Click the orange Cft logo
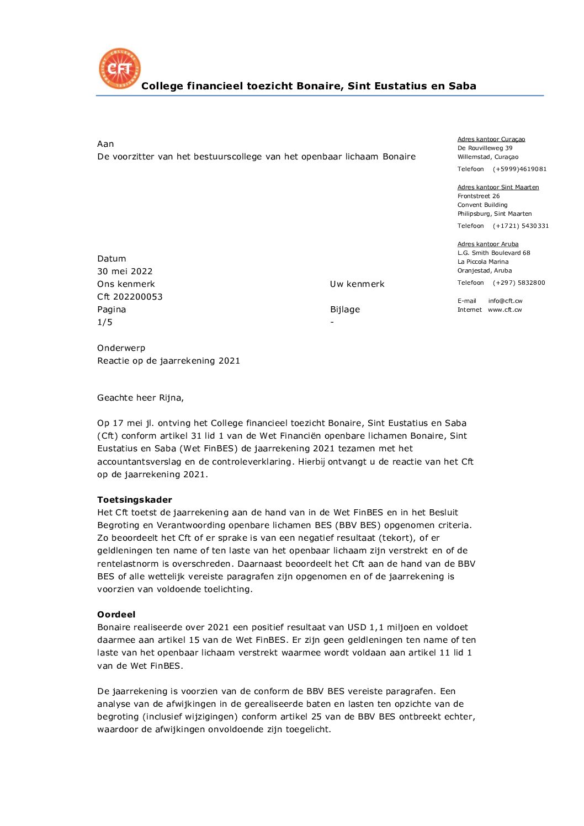coord(120,68)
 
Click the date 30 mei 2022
coord(125,271)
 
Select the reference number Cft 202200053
coord(130,297)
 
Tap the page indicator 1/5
coord(105,322)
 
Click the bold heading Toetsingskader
coord(135,500)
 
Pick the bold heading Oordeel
coord(116,615)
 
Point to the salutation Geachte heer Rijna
coord(140,398)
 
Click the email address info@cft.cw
coord(505,301)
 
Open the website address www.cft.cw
coord(505,310)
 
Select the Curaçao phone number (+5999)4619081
coord(519,169)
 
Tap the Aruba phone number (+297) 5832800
coord(518,283)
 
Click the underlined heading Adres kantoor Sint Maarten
coord(498,188)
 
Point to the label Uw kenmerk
coord(357,284)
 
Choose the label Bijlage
coord(345,310)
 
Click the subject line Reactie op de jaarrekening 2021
coord(168,361)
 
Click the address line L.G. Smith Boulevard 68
coord(493,253)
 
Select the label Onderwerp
coord(121,348)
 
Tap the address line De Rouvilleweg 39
coord(485,148)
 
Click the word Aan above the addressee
coord(105,144)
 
